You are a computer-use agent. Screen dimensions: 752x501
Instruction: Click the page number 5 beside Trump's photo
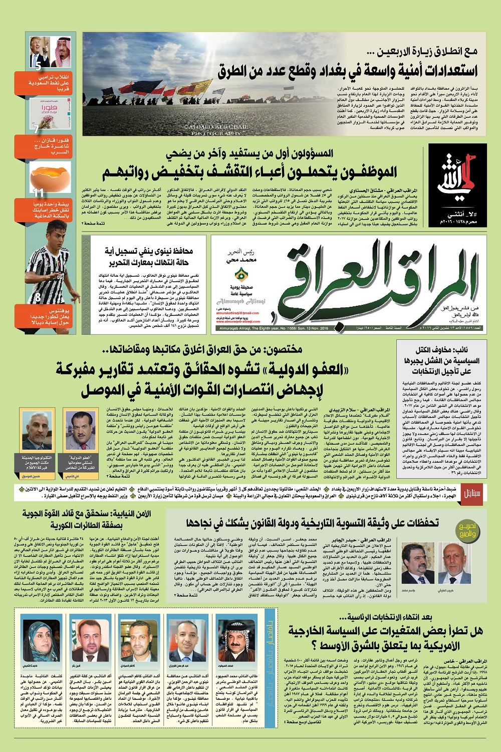[x=39, y=65]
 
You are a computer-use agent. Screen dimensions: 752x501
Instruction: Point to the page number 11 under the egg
[x=39, y=193]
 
